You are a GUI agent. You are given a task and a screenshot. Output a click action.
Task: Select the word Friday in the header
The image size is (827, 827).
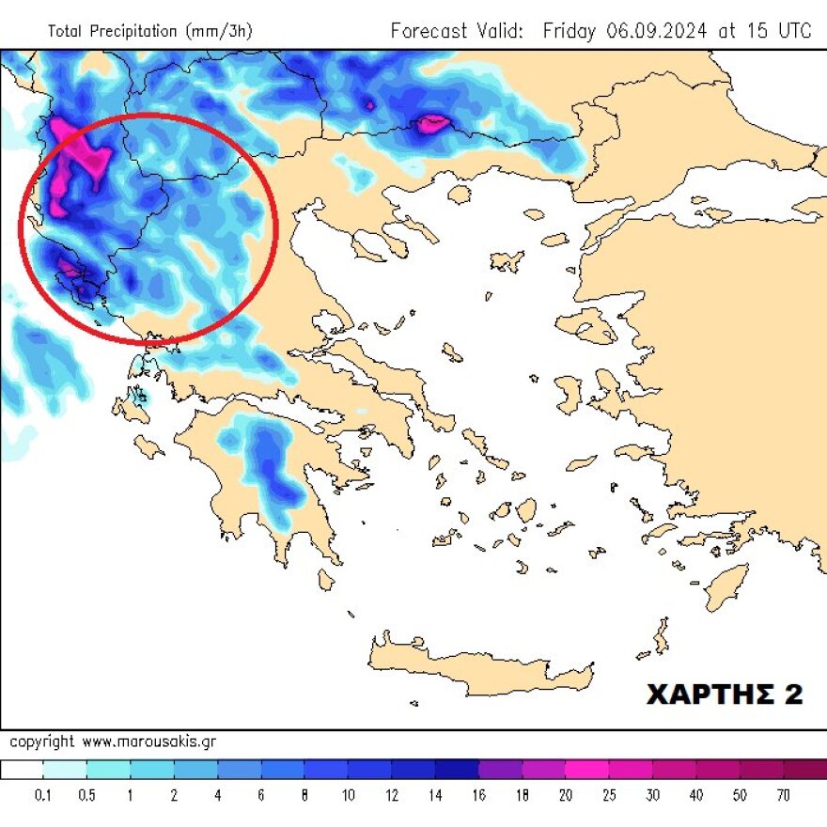[570, 30]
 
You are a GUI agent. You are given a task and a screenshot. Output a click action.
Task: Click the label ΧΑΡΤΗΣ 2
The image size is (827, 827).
[725, 694]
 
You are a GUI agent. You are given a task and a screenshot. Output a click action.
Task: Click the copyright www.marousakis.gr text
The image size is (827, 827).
[113, 741]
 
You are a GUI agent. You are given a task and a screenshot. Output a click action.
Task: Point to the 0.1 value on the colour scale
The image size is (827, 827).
[43, 796]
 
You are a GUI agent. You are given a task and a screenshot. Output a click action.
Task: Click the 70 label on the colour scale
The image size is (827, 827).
[783, 796]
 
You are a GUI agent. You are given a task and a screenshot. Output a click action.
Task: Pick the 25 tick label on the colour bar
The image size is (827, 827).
[609, 796]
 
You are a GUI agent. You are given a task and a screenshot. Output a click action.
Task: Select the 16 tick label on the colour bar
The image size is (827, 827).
[479, 796]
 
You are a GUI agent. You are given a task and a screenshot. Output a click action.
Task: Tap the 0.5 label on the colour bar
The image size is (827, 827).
[86, 796]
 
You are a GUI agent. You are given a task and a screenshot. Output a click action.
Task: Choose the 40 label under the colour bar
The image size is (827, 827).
[696, 796]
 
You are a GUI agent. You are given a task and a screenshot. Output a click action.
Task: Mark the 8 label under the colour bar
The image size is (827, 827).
[304, 796]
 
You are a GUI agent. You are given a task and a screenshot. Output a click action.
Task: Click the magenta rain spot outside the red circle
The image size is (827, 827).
[432, 123]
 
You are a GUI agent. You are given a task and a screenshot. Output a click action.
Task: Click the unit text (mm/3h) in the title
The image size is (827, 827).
[217, 31]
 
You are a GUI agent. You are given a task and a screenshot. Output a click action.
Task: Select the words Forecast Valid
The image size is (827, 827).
[457, 30]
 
